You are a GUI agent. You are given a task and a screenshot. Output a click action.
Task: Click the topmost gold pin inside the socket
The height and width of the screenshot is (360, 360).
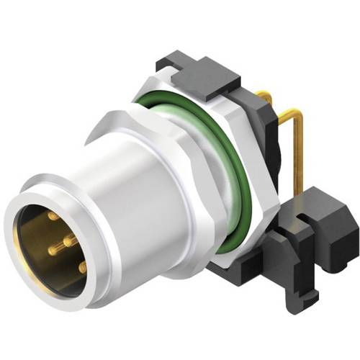click(x=54, y=216)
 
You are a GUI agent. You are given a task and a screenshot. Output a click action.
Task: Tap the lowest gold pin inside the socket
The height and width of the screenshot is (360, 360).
click(x=83, y=266)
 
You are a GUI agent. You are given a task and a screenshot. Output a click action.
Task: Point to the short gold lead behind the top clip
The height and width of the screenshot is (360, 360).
click(x=264, y=94)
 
